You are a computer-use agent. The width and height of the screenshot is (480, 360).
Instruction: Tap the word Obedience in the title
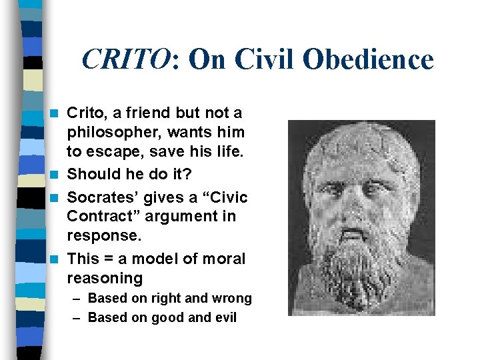[x=367, y=60]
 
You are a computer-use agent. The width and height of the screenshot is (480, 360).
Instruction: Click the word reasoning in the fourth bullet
[x=105, y=277]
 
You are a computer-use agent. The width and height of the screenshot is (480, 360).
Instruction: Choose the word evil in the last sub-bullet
[x=225, y=317]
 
